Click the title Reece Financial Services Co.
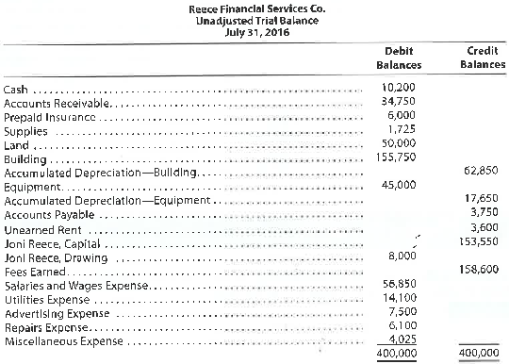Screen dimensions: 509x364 pyautogui.click(x=254, y=7)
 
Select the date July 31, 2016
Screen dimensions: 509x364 pyautogui.click(x=254, y=30)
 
